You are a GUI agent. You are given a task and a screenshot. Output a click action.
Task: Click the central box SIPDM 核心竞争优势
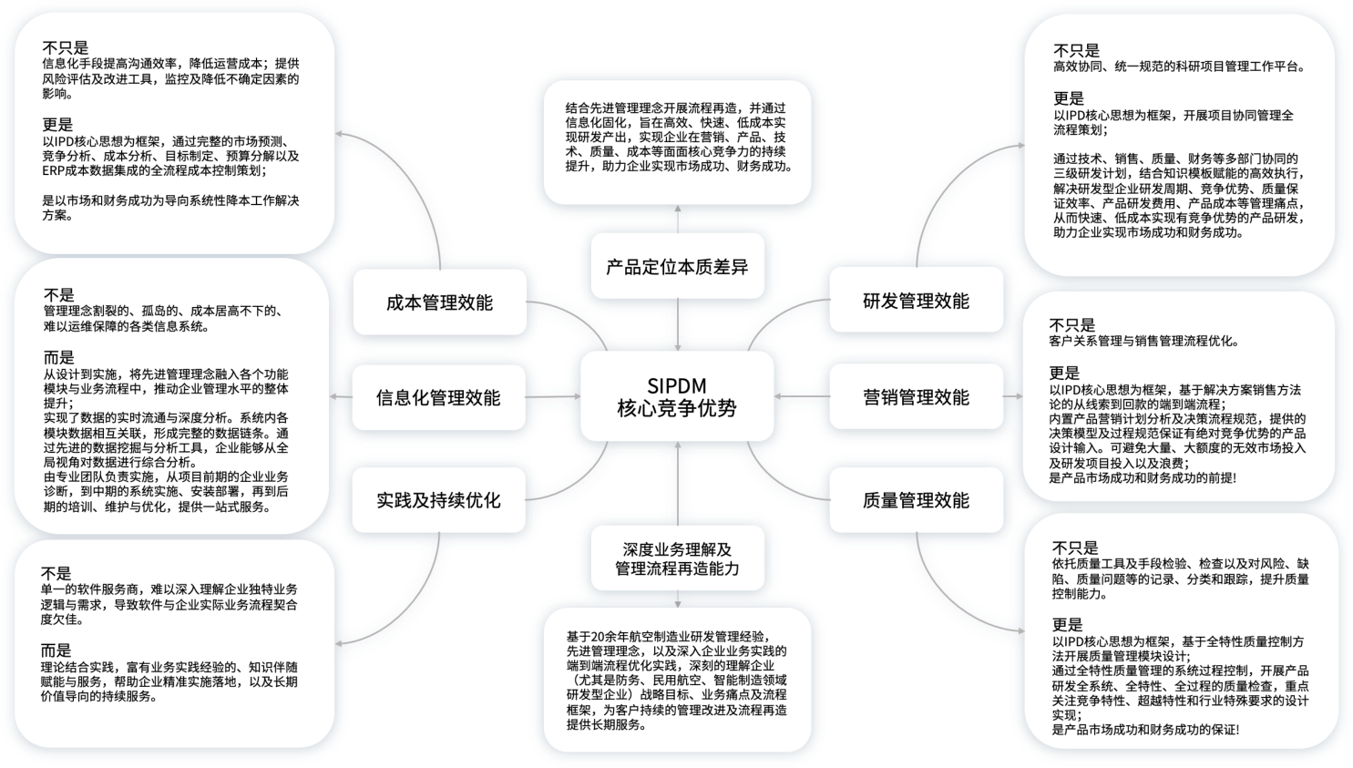tap(677, 397)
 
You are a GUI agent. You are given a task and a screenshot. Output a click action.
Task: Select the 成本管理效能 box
tap(439, 302)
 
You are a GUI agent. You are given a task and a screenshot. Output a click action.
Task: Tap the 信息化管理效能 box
tap(438, 397)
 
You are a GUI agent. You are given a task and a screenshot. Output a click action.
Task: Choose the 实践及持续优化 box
tap(438, 500)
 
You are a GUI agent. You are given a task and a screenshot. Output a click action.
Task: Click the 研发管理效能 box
tap(916, 302)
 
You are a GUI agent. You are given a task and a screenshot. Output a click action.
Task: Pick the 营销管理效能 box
tap(916, 397)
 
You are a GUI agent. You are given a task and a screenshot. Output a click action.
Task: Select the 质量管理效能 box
tap(916, 500)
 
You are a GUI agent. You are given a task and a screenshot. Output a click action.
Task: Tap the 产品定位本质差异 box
tap(677, 267)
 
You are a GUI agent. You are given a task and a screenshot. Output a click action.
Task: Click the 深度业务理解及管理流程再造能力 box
tap(677, 559)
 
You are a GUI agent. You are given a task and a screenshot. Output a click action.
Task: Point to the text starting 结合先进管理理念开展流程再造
tap(677, 138)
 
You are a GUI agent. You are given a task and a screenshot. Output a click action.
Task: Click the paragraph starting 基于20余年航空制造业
tap(677, 681)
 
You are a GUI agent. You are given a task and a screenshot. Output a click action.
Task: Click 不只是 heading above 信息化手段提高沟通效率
tap(66, 47)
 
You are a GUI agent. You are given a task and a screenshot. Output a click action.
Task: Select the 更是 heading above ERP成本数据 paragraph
tap(57, 125)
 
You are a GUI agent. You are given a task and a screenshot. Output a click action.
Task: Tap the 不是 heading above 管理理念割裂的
tap(59, 295)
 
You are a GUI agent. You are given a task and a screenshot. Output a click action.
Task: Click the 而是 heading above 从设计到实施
tap(59, 358)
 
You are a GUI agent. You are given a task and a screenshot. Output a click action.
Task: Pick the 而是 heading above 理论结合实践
tap(56, 650)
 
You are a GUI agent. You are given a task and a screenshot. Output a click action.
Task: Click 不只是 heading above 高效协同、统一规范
tap(1076, 50)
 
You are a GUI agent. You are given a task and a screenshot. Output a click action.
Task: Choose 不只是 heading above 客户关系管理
tap(1072, 325)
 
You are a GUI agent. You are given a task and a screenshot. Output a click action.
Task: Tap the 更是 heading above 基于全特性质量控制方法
tap(1067, 625)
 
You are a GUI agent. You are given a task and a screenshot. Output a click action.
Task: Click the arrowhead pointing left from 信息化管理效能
tap(335, 397)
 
